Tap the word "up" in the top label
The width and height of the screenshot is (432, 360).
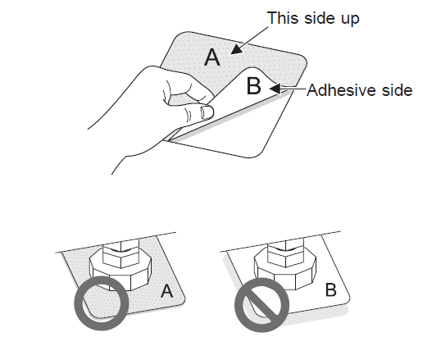[x=350, y=21]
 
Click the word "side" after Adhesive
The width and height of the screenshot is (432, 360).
[x=398, y=90]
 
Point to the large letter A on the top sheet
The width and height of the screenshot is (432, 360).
[x=212, y=57]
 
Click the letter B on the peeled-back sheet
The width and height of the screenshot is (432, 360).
[x=253, y=86]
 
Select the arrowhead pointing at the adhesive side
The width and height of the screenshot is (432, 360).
[x=275, y=89]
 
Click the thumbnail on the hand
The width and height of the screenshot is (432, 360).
[x=207, y=112]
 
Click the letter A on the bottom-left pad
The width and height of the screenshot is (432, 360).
[x=167, y=291]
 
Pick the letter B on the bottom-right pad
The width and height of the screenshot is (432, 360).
[x=331, y=289]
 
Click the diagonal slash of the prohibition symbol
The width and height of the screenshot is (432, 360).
[x=261, y=305]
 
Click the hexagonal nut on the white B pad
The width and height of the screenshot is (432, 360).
[x=285, y=271]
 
